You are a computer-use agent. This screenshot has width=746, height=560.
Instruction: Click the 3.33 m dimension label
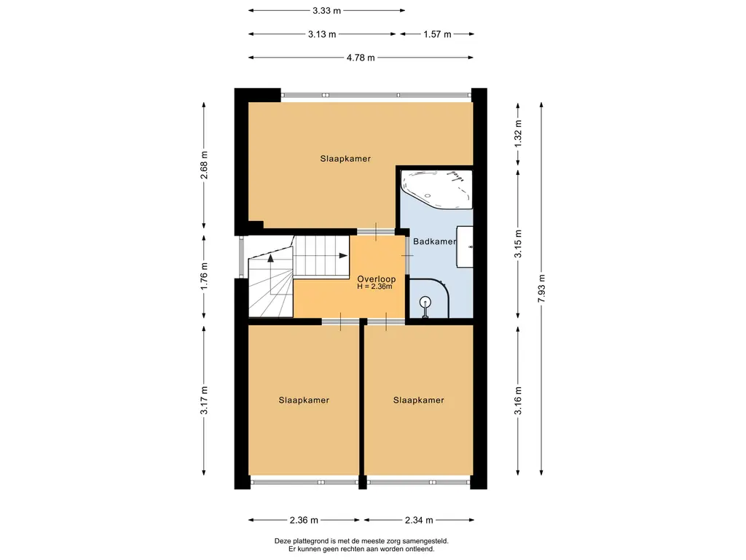click(326, 10)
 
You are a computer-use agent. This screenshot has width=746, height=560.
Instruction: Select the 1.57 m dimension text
click(437, 34)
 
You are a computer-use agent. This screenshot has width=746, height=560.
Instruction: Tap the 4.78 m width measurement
click(361, 58)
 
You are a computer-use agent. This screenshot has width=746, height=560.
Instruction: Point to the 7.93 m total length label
click(541, 289)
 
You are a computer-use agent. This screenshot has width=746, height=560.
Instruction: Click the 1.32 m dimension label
click(518, 133)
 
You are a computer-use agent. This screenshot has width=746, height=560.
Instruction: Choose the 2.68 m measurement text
click(204, 166)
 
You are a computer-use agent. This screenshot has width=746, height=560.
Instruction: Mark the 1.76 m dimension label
click(204, 276)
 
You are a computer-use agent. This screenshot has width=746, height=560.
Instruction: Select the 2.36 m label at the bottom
click(304, 520)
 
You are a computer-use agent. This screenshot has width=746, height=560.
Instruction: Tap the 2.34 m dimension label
click(419, 520)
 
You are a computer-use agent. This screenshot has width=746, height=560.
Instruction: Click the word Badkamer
click(434, 241)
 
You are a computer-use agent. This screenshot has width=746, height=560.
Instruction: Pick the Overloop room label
click(377, 279)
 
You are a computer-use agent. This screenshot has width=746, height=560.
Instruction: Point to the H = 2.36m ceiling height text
click(375, 287)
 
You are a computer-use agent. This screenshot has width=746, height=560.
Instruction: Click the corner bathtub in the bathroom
click(437, 189)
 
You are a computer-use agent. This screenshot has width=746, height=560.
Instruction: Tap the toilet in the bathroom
click(425, 306)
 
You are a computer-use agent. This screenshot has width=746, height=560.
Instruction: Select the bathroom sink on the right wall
click(465, 246)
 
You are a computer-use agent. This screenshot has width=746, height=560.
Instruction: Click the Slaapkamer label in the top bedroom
click(345, 159)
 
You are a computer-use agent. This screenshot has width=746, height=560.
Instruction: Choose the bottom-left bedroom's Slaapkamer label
click(304, 400)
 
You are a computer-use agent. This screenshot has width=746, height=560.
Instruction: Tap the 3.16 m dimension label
click(518, 400)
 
